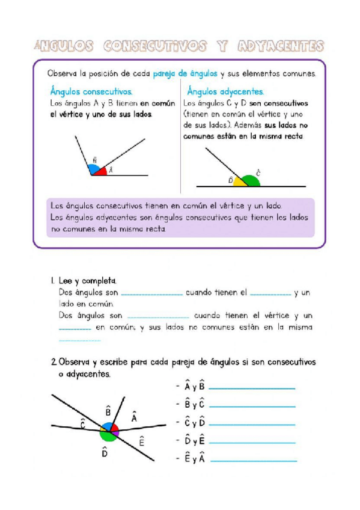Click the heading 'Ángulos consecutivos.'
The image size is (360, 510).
91,92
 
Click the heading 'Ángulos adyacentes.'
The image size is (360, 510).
225,92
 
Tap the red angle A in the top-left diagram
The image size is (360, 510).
101,171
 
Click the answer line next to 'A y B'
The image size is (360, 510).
252,388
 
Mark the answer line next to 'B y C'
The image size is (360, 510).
252,406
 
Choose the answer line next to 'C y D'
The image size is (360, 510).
252,424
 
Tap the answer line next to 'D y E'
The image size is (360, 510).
252,442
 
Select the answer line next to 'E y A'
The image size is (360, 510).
253,461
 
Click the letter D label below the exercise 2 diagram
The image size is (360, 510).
105,454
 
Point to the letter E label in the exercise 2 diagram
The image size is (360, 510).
142,441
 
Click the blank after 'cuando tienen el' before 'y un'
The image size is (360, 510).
270,295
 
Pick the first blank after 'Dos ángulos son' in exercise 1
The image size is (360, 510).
151,295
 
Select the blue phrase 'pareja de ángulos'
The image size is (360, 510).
185,74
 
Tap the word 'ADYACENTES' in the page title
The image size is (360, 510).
281,46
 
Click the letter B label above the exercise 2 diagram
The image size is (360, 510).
108,411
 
